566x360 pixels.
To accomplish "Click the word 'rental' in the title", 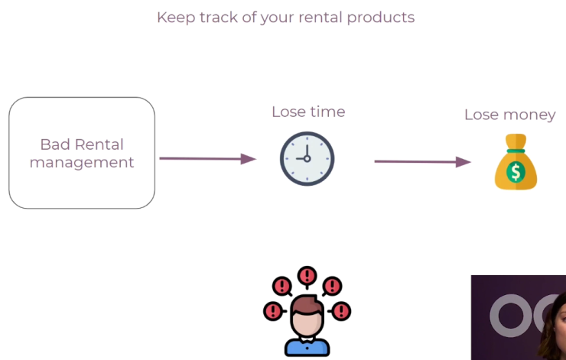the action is tap(320, 18).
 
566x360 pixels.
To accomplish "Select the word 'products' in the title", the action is tap(381, 18).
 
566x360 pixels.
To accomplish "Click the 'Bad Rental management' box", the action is tap(82, 153).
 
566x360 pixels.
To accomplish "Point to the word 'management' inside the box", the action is tap(82, 163).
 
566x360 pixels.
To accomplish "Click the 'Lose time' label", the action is tap(308, 112).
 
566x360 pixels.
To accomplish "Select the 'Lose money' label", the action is tap(510, 115).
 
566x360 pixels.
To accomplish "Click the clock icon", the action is tap(307, 159).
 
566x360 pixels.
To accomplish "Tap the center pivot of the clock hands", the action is tap(307, 159).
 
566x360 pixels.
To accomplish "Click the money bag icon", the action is tap(516, 161).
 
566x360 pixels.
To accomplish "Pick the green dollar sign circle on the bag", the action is tap(516, 172).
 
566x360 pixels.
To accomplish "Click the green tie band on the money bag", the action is tap(516, 151).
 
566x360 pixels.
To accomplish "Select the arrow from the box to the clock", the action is tap(207, 159).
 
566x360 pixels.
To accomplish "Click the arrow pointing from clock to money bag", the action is tap(423, 161).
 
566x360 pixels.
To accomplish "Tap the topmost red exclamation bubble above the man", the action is tap(307, 277).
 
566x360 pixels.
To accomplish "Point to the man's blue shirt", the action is tap(307, 347).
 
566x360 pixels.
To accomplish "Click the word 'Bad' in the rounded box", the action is tap(55, 144).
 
